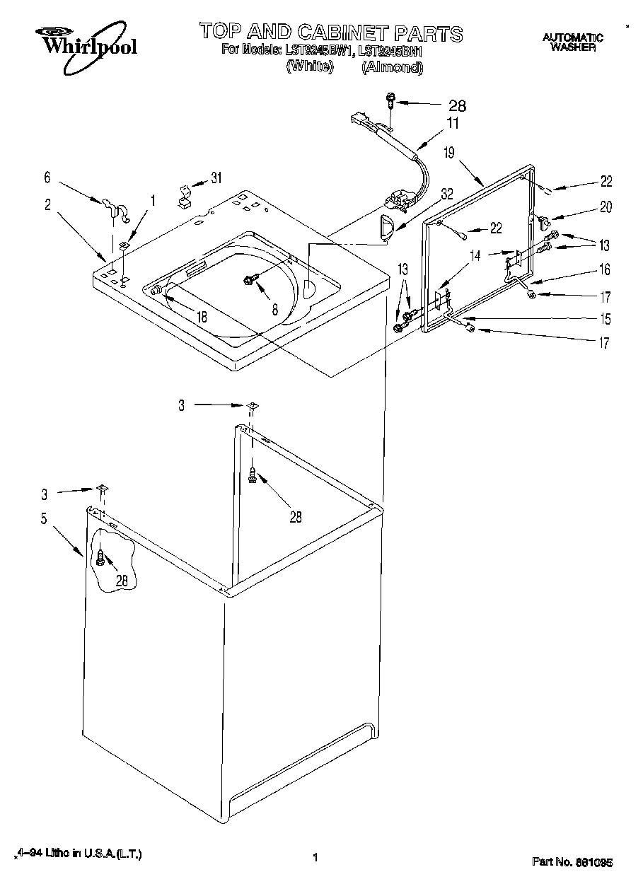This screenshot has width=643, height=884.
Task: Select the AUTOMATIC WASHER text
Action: pyautogui.click(x=572, y=42)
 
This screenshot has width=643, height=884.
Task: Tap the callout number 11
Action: pyautogui.click(x=451, y=123)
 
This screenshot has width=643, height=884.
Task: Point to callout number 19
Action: pyautogui.click(x=449, y=151)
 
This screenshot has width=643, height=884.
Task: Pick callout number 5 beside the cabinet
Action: pyautogui.click(x=43, y=519)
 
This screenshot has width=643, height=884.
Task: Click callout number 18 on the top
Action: pyautogui.click(x=202, y=317)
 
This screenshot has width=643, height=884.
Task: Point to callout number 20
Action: pyautogui.click(x=605, y=207)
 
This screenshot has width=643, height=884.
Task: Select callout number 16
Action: pyautogui.click(x=605, y=269)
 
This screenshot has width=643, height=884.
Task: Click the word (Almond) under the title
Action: pyautogui.click(x=392, y=68)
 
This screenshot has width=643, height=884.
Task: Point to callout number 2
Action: pyautogui.click(x=47, y=204)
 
